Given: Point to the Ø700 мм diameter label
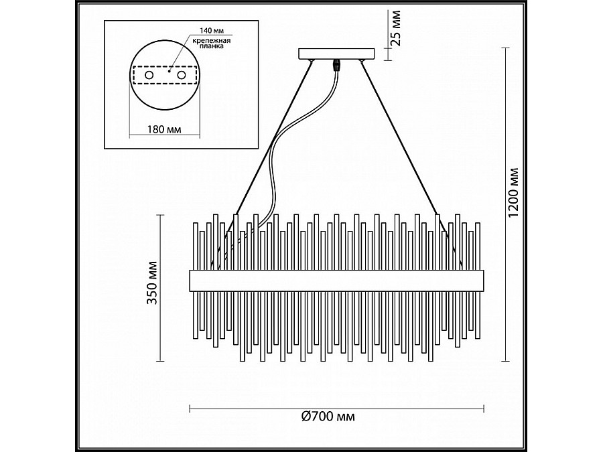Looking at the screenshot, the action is click(328, 417).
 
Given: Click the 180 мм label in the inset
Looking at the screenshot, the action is click(164, 129).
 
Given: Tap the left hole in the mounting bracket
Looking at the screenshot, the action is click(149, 75).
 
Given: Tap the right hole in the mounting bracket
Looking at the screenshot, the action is click(182, 75).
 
